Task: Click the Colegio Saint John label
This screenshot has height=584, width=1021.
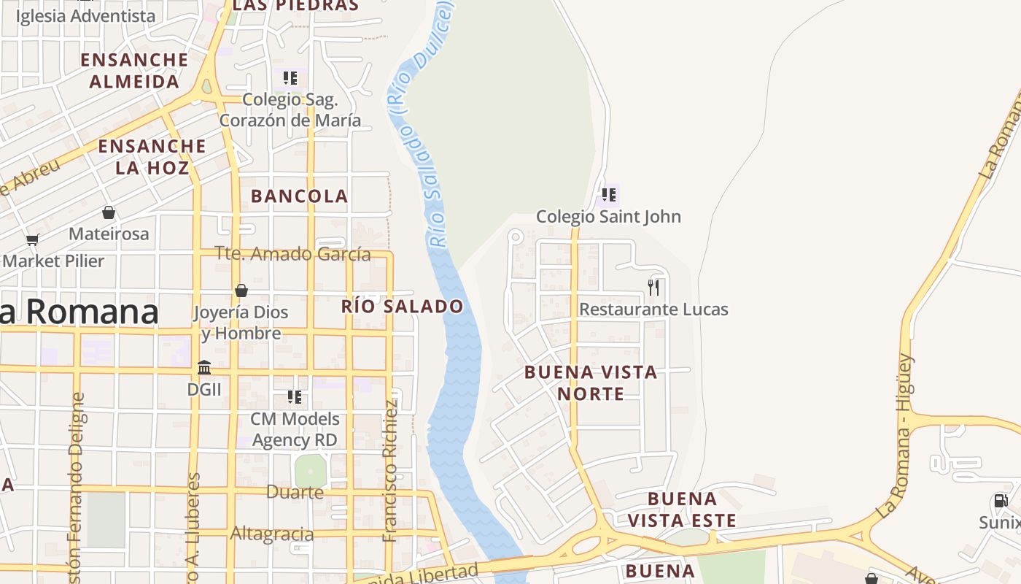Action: pyautogui.click(x=608, y=217)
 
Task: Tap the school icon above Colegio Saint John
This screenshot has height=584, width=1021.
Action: pyautogui.click(x=609, y=195)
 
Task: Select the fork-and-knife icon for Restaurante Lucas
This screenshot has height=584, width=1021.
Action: pyautogui.click(x=653, y=288)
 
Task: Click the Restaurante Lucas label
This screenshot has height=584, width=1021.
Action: pyautogui.click(x=653, y=310)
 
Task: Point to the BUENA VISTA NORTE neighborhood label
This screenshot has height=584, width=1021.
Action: pyautogui.click(x=591, y=383)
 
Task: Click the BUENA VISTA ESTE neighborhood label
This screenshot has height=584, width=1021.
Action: pyautogui.click(x=682, y=510)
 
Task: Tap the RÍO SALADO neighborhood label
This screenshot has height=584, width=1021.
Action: pyautogui.click(x=403, y=307)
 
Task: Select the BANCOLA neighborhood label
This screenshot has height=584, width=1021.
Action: pyautogui.click(x=300, y=196)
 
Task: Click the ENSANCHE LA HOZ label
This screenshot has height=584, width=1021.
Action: pyautogui.click(x=152, y=157)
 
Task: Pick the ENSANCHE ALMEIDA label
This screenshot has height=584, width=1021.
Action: pyautogui.click(x=135, y=70)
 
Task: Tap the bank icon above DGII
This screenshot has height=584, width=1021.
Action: pyautogui.click(x=204, y=367)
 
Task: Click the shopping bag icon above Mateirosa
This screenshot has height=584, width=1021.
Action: pyautogui.click(x=109, y=212)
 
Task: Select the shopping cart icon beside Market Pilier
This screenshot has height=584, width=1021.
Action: pyautogui.click(x=32, y=239)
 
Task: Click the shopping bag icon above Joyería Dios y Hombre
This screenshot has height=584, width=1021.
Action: pyautogui.click(x=241, y=291)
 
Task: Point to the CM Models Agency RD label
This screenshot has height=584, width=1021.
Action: pyautogui.click(x=295, y=429)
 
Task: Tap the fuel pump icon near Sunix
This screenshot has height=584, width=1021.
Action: pyautogui.click(x=1001, y=501)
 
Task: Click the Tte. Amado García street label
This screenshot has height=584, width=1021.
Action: pyautogui.click(x=292, y=254)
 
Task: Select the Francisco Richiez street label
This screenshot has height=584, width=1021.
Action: pyautogui.click(x=390, y=471)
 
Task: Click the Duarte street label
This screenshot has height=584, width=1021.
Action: pyautogui.click(x=295, y=492)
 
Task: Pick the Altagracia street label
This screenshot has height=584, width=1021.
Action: pyautogui.click(x=272, y=534)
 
